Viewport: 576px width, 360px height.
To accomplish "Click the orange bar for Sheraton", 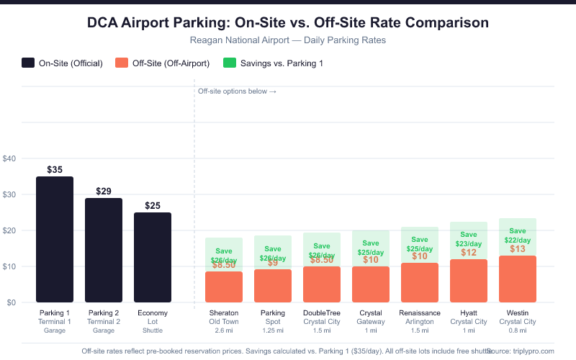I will tap(224, 287).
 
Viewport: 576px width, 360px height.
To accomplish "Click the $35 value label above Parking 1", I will tap(55, 170).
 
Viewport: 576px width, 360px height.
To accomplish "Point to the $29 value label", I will tap(104, 192).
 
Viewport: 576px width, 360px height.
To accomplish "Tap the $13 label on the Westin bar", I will tap(518, 249).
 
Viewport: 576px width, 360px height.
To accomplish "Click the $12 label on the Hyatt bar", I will tap(469, 253).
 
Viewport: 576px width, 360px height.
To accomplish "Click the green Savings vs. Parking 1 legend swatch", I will tap(231, 63).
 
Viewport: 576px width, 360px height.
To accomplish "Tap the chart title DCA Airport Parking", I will tap(288, 22).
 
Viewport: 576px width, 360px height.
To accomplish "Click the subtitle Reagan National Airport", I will tap(288, 40).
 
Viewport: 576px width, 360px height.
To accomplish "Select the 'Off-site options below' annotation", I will tap(237, 91).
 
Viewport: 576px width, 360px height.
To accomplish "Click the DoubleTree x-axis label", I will tap(322, 312).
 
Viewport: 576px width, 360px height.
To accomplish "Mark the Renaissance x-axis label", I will tap(420, 312).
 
